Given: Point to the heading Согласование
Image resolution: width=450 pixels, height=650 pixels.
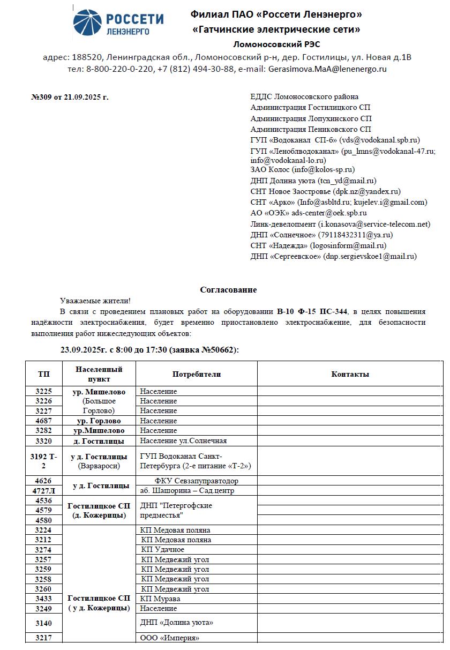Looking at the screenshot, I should click(228, 290).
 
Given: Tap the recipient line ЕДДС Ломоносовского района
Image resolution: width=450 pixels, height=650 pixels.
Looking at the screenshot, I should click(304, 97).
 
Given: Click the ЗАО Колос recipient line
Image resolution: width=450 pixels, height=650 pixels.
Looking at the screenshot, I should click(302, 169).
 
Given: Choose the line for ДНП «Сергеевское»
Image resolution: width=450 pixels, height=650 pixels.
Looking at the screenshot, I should click(333, 256).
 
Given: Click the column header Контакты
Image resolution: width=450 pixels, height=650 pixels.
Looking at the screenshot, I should click(350, 374).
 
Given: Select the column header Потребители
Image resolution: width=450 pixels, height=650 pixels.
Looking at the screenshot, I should click(196, 374).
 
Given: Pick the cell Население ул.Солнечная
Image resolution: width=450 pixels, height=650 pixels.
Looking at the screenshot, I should click(183, 441).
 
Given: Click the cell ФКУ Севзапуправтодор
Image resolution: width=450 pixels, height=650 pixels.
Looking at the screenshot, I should click(197, 481).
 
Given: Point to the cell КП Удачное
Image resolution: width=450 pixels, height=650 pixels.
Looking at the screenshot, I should click(163, 550).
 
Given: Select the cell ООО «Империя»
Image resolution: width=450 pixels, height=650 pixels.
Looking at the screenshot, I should click(170, 638).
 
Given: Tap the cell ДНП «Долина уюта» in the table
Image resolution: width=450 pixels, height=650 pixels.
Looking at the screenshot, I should click(177, 623).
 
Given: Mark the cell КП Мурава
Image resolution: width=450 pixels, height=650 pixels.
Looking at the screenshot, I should click(160, 599).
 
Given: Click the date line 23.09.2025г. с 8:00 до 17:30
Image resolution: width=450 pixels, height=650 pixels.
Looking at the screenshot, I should click(149, 350).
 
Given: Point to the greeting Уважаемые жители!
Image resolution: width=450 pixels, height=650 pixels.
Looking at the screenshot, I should click(95, 302).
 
